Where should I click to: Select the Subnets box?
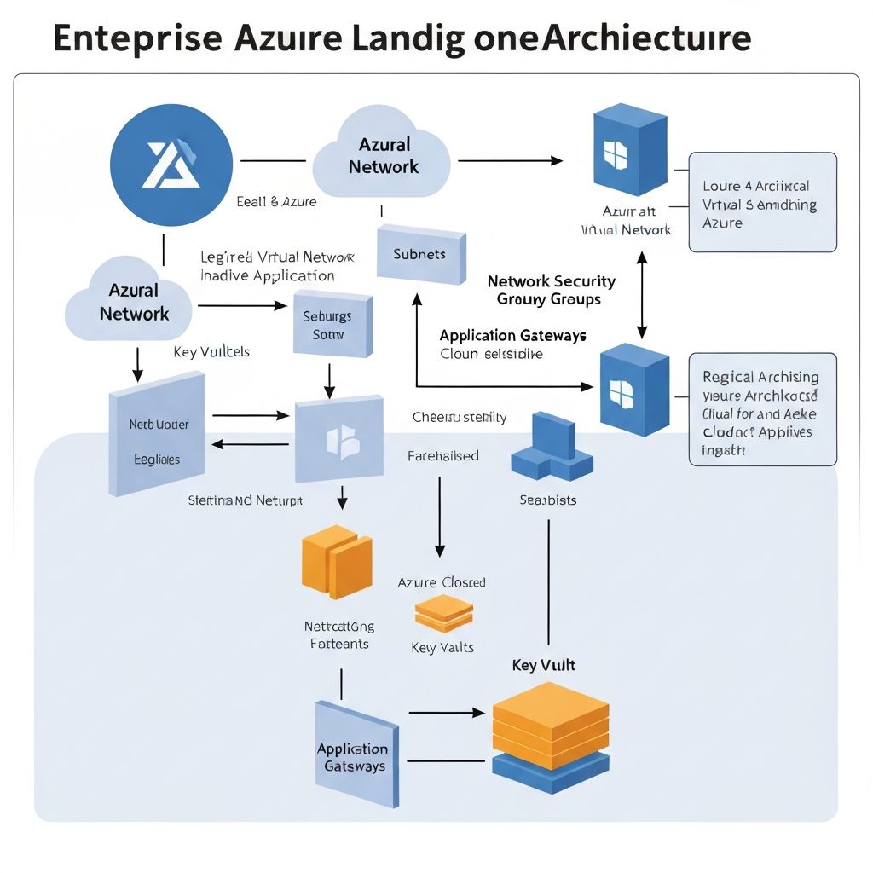click(x=420, y=254)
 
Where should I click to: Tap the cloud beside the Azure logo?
click(x=382, y=156)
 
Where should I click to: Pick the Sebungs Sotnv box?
click(x=332, y=324)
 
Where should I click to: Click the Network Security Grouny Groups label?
click(x=551, y=290)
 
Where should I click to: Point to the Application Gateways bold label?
click(x=512, y=335)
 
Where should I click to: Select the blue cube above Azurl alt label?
click(x=627, y=150)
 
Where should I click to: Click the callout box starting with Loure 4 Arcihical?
click(x=762, y=203)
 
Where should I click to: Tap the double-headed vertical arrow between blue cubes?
click(x=643, y=294)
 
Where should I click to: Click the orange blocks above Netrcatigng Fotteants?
click(x=337, y=562)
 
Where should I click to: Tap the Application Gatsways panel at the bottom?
click(x=356, y=754)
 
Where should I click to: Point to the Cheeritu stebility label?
click(x=459, y=417)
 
